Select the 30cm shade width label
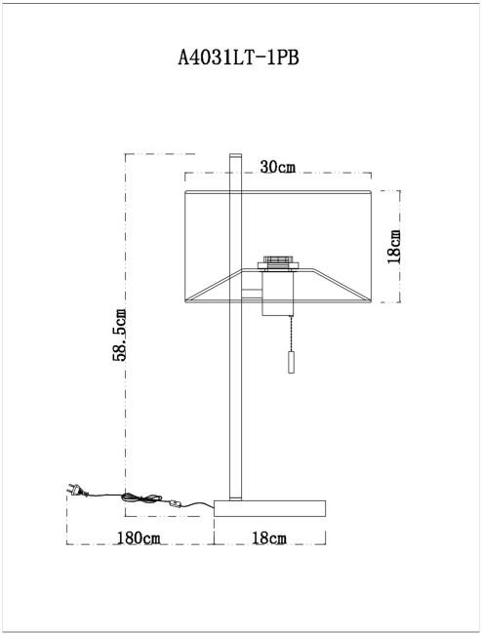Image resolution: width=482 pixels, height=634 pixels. click(x=278, y=167)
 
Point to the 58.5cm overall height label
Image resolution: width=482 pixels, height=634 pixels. click(x=120, y=335)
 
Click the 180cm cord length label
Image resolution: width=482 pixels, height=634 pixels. click(x=139, y=538)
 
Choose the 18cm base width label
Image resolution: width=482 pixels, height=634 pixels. click(x=268, y=538)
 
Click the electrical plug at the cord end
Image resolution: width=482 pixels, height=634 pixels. click(x=74, y=490)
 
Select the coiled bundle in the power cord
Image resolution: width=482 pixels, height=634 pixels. click(x=138, y=500)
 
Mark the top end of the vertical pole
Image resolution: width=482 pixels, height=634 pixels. click(x=234, y=155)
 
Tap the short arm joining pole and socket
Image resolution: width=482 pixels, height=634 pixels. click(x=251, y=291)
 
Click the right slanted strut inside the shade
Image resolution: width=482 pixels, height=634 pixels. click(x=346, y=284)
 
